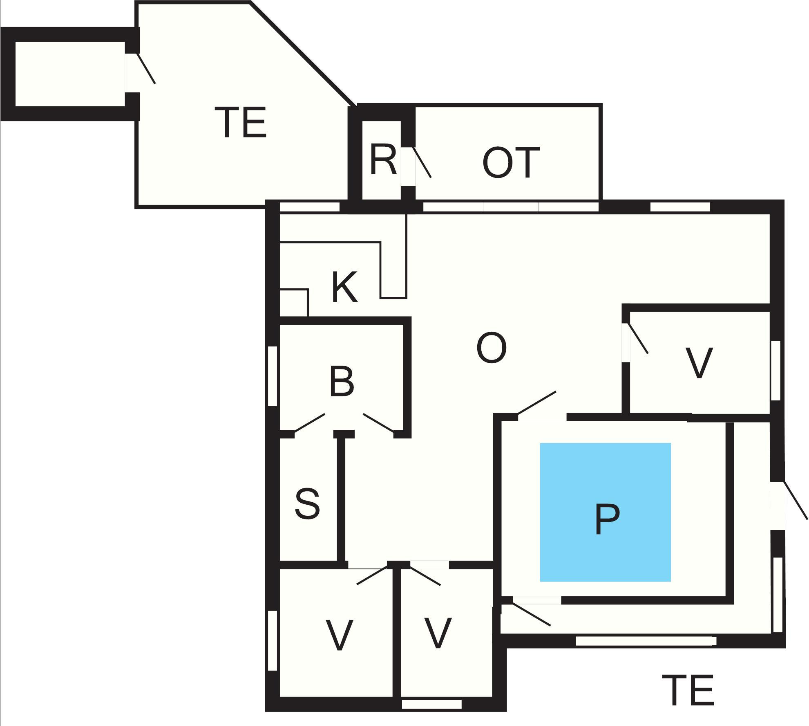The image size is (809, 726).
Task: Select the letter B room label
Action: pyautogui.click(x=342, y=383)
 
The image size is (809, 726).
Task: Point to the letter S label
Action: pyautogui.click(x=307, y=504)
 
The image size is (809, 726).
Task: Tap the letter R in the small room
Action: pyautogui.click(x=383, y=160)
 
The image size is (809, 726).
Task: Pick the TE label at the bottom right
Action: pyautogui.click(x=688, y=691)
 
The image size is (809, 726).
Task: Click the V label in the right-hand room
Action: pyautogui.click(x=699, y=362)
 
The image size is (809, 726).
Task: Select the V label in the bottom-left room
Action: pyautogui.click(x=339, y=635)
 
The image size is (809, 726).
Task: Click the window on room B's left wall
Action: pyautogui.click(x=273, y=376)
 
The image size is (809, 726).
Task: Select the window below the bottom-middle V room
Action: pyautogui.click(x=432, y=704)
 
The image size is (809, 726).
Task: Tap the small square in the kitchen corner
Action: pyautogui.click(x=293, y=303)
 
